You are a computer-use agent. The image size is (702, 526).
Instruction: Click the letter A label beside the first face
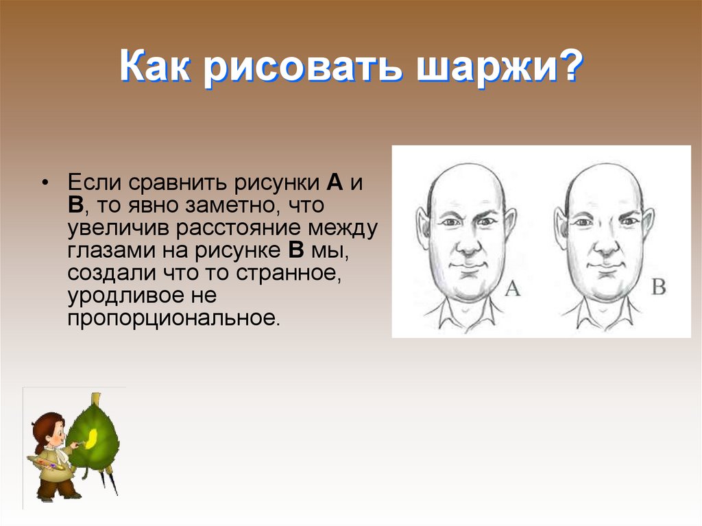[x=513, y=289]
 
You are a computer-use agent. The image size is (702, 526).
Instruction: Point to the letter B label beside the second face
[x=658, y=287]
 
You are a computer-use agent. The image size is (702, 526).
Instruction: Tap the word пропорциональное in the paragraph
[x=175, y=319]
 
